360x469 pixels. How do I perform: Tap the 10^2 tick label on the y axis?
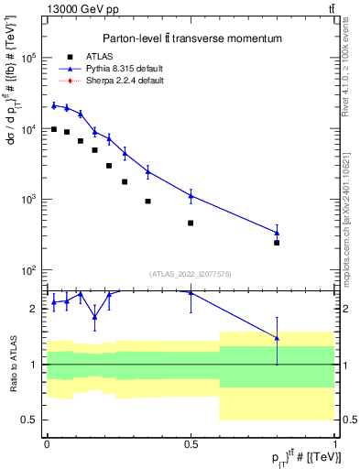(x=30, y=270)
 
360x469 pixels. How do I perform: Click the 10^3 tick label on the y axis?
(x=30, y=200)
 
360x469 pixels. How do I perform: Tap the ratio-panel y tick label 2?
(x=36, y=309)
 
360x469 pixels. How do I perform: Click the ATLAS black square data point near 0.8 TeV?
(x=277, y=243)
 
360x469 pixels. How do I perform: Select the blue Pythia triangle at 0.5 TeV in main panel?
(x=191, y=195)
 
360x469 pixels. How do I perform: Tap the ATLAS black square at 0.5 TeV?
(x=191, y=223)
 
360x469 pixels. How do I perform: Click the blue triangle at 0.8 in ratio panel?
(x=277, y=338)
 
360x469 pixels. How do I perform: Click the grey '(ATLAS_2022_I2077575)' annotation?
(x=191, y=273)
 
